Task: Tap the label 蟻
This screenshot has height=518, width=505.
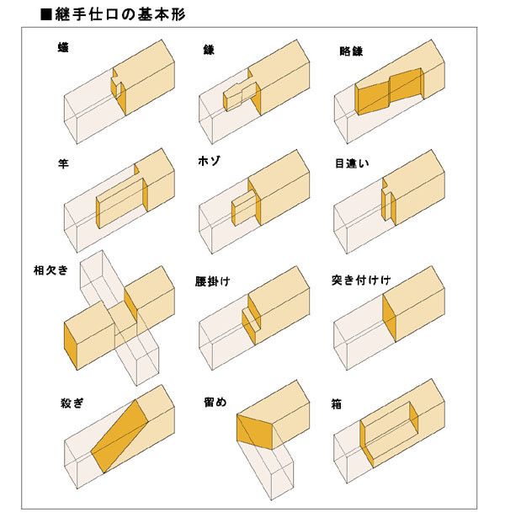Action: point(61,49)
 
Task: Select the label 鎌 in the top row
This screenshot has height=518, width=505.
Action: point(209,51)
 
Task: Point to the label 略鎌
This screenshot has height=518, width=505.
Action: point(342,51)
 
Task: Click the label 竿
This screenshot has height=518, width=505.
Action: point(61,163)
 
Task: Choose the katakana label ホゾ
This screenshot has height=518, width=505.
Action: point(210,163)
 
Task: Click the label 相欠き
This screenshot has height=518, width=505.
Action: point(50,271)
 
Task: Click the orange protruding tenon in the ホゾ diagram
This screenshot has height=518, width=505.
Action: point(245,207)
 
